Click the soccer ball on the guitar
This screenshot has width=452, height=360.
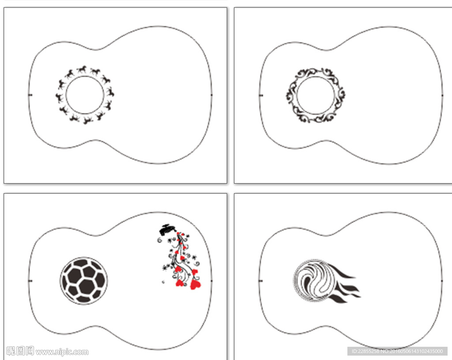(x=83, y=281)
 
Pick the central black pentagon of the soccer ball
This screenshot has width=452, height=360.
(x=87, y=286)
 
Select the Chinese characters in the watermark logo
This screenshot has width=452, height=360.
(x=20, y=351)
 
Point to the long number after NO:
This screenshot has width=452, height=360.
(x=416, y=351)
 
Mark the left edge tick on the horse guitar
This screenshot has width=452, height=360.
(x=30, y=95)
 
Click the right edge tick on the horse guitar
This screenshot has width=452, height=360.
(x=211, y=95)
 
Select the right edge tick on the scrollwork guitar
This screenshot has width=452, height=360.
(x=442, y=95)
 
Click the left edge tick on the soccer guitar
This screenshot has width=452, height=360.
(x=30, y=281)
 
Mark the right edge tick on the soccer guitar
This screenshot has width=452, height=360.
(x=211, y=281)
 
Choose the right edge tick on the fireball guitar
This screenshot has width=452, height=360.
(x=442, y=281)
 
